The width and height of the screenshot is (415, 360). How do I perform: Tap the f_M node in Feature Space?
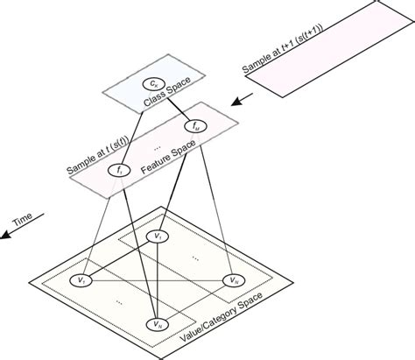tap(194, 126)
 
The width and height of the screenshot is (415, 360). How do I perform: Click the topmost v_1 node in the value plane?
tap(158, 236)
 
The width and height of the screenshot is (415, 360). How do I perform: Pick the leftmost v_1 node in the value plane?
tap(80, 280)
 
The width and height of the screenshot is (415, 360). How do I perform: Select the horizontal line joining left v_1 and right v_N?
tap(158, 280)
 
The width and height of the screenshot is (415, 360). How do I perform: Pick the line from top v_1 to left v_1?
tap(119, 258)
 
